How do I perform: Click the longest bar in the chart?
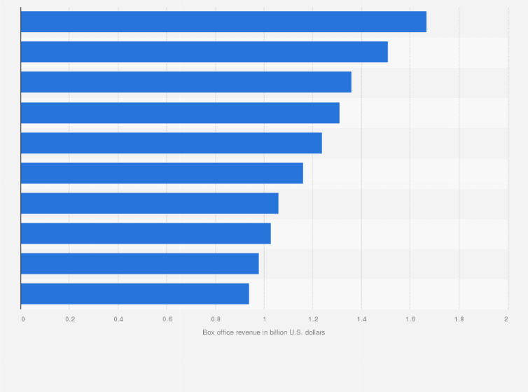point(223,22)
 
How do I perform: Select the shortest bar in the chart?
point(135,294)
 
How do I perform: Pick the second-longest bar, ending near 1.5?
point(204,52)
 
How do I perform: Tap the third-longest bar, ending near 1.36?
point(186,82)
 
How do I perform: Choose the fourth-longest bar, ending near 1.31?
point(180,113)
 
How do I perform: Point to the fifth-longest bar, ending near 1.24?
point(172,143)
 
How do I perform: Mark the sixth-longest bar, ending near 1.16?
point(162,173)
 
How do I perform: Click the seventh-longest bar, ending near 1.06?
point(150,203)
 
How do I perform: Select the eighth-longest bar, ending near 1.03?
point(146,233)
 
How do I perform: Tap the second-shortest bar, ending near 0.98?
point(140,264)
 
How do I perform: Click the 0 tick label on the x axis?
point(23,319)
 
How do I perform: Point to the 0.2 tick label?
point(70,319)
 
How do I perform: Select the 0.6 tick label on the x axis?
point(167,319)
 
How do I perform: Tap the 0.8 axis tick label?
point(216,319)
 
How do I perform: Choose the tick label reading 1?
point(264,319)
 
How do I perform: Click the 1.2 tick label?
point(312,319)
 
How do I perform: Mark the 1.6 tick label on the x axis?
point(410,319)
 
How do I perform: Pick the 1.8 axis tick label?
point(459,319)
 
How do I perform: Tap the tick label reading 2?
point(506,319)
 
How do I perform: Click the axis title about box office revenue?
point(263,332)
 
